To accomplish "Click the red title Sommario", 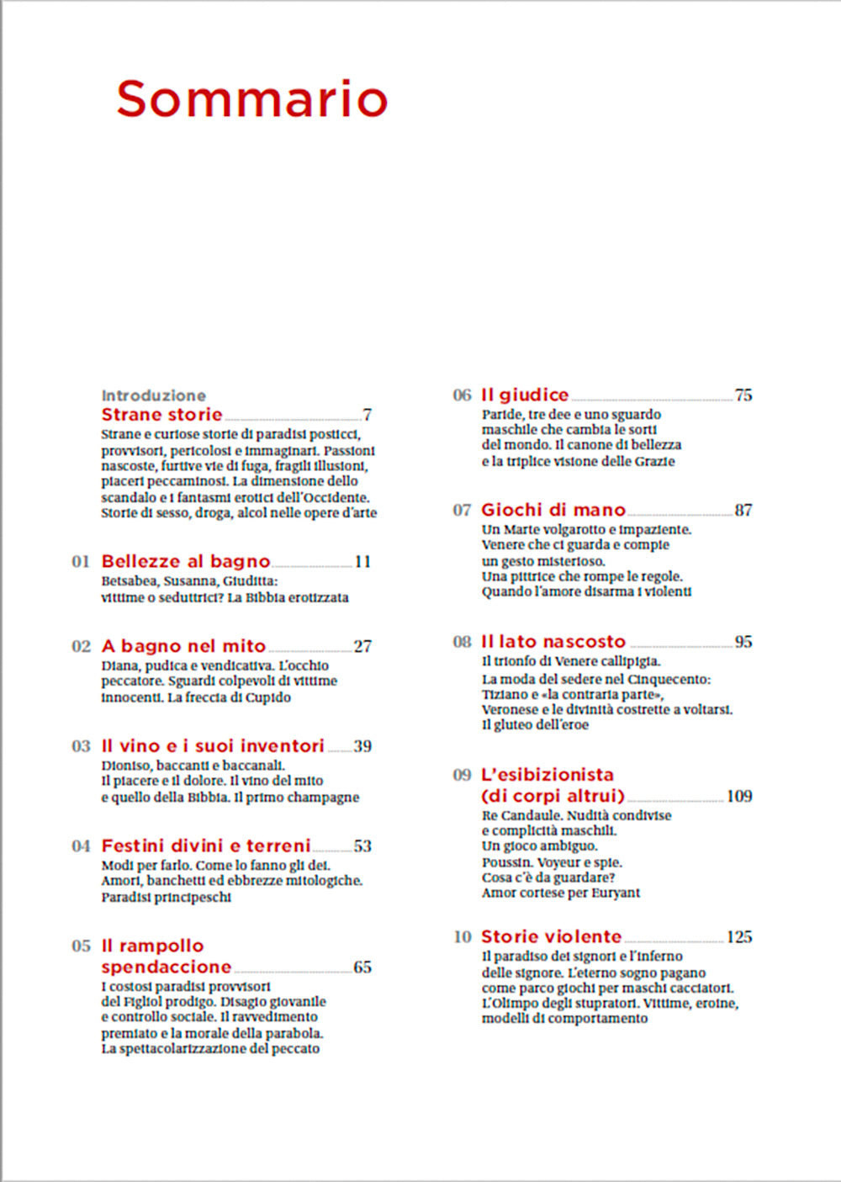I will click(251, 98).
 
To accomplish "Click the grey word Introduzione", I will click(153, 395).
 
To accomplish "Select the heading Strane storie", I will click(161, 414).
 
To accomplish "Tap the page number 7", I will click(368, 415).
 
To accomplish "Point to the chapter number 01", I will click(81, 562).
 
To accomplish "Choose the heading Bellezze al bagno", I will click(186, 561).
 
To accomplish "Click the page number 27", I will click(362, 646).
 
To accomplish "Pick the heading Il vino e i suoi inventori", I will click(213, 745).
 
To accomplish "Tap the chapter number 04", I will click(81, 846).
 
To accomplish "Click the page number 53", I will click(362, 846).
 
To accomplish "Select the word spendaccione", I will click(167, 967).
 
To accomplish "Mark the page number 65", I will click(362, 967).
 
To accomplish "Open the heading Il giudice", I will click(525, 395).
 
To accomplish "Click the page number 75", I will click(743, 395).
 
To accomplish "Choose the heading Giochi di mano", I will click(553, 510).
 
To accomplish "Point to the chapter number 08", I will click(463, 642).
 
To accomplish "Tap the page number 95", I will click(743, 642).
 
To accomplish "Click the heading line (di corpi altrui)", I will click(553, 796).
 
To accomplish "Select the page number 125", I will click(739, 937).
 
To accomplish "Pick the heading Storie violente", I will click(551, 936).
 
